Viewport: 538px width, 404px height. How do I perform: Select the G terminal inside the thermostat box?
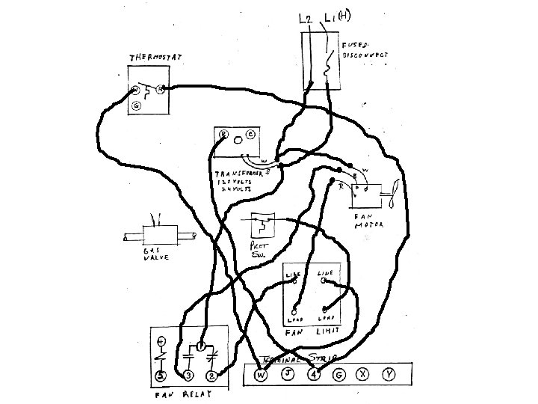[136, 106]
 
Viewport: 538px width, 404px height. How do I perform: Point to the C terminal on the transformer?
[250, 135]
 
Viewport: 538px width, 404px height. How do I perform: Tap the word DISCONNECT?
[368, 55]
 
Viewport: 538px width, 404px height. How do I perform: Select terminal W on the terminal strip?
[261, 374]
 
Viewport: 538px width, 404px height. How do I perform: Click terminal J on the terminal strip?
[288, 374]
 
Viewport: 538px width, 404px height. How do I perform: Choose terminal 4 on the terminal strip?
[314, 374]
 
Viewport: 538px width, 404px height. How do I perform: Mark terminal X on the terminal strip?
[364, 374]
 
